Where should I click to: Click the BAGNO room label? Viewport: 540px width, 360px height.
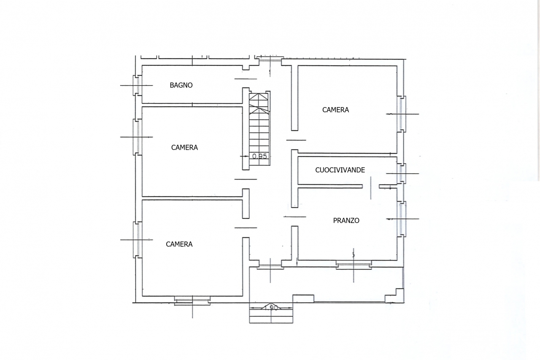[x=181, y=85]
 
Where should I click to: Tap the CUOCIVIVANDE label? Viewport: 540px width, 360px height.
[x=340, y=170]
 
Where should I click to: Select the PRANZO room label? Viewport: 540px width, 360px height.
[x=346, y=220]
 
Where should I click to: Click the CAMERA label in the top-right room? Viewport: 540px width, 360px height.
[x=335, y=110]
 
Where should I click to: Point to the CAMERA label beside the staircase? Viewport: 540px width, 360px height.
[x=184, y=148]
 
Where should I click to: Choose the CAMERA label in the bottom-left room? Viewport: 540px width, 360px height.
[x=179, y=244]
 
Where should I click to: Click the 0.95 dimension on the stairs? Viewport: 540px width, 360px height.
[x=259, y=156]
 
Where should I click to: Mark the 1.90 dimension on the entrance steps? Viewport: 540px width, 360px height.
[x=273, y=308]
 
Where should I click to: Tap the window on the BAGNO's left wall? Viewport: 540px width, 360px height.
[x=137, y=85]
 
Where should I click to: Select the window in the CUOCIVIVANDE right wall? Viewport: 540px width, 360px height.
[x=402, y=173]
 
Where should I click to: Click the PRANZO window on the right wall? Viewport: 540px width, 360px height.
[x=402, y=219]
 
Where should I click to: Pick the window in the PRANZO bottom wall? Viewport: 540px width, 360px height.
[x=354, y=264]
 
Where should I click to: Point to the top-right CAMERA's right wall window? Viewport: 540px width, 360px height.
[x=402, y=114]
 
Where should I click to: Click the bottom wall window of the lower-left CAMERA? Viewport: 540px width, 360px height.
[x=192, y=300]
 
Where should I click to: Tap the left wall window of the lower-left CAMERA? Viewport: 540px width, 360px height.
[x=137, y=239]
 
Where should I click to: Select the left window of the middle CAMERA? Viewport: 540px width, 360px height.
[x=137, y=137]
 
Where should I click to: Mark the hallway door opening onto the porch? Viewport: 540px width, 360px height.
[x=270, y=266]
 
